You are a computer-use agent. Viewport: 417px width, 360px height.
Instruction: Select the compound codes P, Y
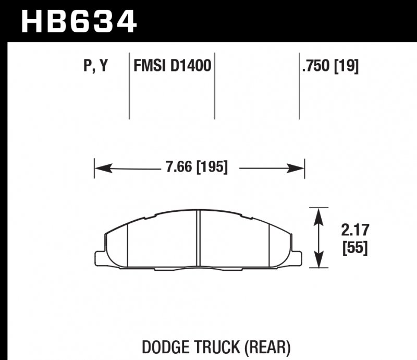coord(95,66)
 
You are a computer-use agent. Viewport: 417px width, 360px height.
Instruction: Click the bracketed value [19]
coord(347,66)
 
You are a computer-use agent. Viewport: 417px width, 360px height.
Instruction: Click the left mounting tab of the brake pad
coord(100,257)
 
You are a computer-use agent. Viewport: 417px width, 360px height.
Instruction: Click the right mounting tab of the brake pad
coord(297,257)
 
